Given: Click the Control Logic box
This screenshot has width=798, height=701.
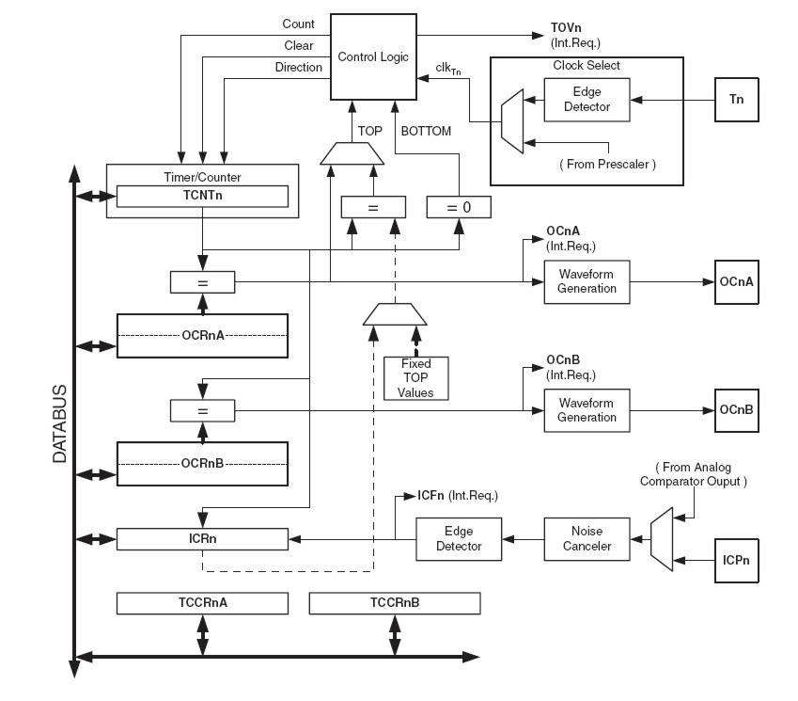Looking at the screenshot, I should [x=373, y=56].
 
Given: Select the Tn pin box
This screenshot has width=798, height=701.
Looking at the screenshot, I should [x=736, y=98].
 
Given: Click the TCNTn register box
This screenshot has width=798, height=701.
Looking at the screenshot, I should [x=202, y=196].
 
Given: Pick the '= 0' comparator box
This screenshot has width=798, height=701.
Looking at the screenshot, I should [x=458, y=206].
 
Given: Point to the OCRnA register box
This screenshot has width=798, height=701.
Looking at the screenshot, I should [x=202, y=335].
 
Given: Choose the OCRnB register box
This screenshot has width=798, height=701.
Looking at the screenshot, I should [x=202, y=464].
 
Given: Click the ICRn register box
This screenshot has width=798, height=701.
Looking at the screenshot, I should [x=202, y=539].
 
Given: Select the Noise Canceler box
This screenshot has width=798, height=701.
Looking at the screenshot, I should [x=587, y=539].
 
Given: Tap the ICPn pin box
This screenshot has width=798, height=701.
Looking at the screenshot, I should [x=736, y=560].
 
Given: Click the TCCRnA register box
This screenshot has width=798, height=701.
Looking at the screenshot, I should [x=202, y=603].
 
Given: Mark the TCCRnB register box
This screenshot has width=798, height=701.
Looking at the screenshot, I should [x=394, y=603].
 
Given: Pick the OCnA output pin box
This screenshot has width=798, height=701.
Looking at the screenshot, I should [x=736, y=282].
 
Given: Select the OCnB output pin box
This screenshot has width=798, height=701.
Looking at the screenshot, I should [x=736, y=410].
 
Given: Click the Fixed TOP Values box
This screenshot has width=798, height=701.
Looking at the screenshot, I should [x=415, y=378].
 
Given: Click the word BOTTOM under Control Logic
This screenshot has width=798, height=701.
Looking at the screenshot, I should [x=426, y=131].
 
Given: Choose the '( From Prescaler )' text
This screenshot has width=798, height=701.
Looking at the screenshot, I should [x=607, y=164].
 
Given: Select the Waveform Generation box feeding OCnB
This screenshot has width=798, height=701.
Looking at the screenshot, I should [x=587, y=410].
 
